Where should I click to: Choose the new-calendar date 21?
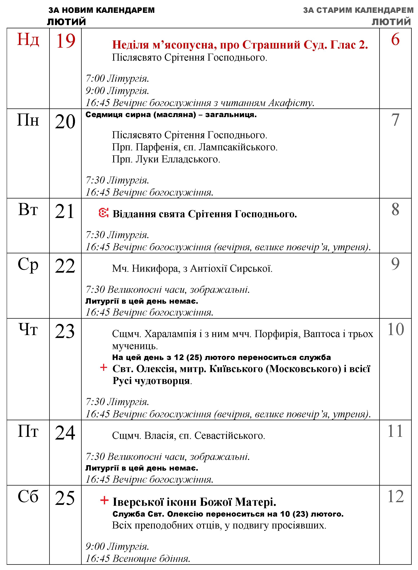point(65,212)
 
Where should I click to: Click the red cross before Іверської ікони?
point(104,500)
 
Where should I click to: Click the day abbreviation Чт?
point(28,330)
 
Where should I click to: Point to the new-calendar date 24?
point(65,433)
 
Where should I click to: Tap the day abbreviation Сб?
point(28,497)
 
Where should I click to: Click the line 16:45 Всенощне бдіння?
point(138,558)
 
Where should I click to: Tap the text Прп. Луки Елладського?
point(166,159)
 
